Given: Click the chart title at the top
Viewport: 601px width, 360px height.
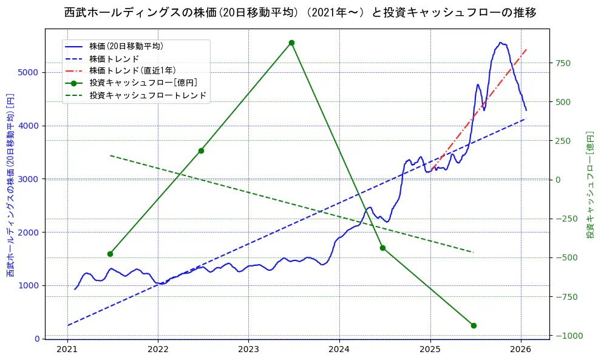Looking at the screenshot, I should [x=300, y=13].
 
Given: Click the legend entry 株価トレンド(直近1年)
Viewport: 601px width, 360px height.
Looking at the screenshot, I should [x=133, y=70].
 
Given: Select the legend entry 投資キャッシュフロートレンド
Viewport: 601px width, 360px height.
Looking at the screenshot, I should [x=148, y=95].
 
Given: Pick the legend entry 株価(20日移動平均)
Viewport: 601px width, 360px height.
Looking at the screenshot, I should [x=126, y=46].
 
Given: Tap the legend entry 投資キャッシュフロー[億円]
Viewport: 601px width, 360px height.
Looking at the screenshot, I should [x=143, y=83].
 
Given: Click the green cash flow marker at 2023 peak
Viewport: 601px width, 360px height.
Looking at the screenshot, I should [x=291, y=42].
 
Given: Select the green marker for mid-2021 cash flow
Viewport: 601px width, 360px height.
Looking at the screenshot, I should [x=110, y=254].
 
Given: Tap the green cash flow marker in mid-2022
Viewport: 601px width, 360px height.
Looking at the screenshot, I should [x=201, y=151].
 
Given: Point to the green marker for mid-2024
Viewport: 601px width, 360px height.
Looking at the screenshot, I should [x=382, y=248].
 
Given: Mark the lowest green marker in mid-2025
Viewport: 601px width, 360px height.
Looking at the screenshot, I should [x=474, y=325].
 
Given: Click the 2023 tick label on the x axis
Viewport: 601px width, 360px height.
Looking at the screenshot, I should [x=248, y=350].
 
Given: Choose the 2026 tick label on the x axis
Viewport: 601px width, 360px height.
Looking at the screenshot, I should [x=521, y=350].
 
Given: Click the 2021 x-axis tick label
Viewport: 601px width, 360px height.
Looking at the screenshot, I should [x=67, y=350].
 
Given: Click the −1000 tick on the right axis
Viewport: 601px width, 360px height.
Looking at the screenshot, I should [x=566, y=336].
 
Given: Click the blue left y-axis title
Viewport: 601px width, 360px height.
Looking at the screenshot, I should [x=10, y=185].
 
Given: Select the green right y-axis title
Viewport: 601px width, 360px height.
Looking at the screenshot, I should [x=589, y=185].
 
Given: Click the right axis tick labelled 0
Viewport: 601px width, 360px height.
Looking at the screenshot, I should [x=557, y=180].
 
